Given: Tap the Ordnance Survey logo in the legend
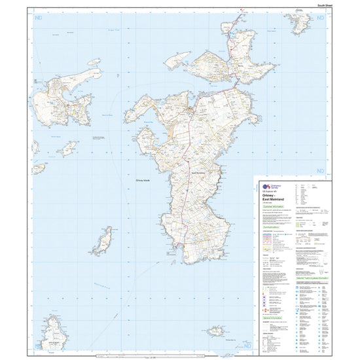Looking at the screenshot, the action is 265,187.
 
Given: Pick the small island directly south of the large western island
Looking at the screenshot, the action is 67,149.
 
